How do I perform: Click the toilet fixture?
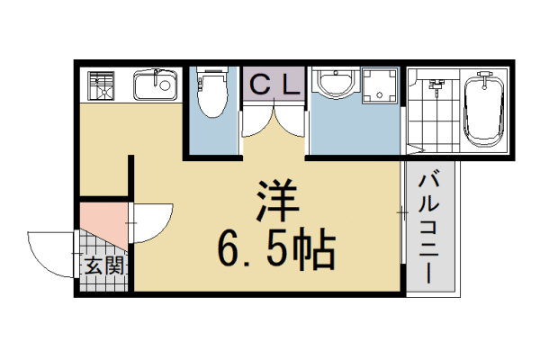[x=211, y=94]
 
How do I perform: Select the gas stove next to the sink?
[x=101, y=85]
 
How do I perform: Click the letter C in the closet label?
[x=258, y=85]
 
